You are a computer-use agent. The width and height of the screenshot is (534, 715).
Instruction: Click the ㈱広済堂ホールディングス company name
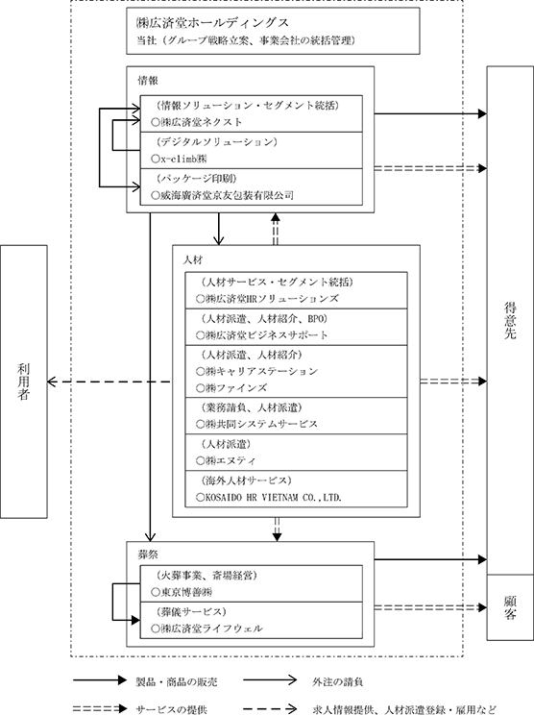[x=213, y=22]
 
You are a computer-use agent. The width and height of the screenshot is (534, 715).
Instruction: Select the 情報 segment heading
[x=148, y=81]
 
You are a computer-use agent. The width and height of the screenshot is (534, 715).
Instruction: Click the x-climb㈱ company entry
[x=179, y=159]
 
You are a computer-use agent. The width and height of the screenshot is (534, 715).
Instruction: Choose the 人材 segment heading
[x=193, y=259]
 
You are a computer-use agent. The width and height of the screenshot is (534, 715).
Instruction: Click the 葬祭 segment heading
[x=148, y=555]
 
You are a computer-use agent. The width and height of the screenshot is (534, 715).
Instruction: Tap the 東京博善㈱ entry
[x=182, y=592]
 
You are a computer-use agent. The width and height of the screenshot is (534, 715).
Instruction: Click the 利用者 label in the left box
[x=24, y=382]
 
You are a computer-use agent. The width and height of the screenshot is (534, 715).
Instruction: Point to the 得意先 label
[x=510, y=320]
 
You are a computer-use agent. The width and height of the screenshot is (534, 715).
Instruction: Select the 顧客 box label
[x=510, y=607]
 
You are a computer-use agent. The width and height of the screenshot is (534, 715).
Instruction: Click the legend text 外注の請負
[x=338, y=681]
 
